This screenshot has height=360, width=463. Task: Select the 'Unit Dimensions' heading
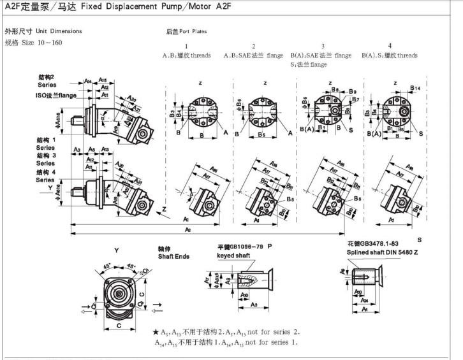click(x=59, y=31)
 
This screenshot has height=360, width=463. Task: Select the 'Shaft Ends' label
click(x=173, y=256)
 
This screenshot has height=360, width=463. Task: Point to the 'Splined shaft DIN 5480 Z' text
click(x=383, y=252)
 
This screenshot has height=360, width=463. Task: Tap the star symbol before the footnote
click(x=156, y=333)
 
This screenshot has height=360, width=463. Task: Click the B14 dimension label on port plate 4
click(x=415, y=87)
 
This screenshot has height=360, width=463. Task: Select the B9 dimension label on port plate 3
click(x=352, y=92)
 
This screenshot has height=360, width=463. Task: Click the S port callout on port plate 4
click(x=421, y=132)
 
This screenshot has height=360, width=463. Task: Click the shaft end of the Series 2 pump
click(x=75, y=118)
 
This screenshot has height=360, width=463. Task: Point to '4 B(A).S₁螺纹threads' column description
click(x=390, y=55)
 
